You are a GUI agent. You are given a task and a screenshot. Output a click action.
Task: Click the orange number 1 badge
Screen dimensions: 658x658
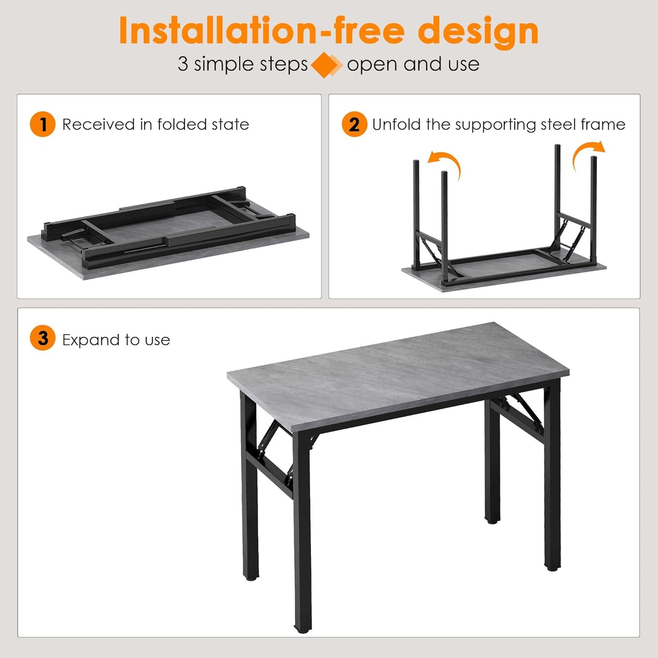click(42, 124)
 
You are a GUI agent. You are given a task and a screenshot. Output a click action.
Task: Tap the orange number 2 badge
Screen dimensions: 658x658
click(354, 124)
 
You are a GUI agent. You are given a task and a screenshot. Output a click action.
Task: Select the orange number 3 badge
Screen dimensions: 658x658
click(42, 338)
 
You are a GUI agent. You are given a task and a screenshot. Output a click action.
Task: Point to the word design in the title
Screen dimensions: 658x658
click(478, 31)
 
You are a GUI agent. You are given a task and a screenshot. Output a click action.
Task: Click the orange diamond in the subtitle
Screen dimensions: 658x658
click(326, 65)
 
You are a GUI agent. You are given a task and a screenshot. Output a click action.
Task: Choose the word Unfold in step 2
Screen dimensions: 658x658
click(396, 124)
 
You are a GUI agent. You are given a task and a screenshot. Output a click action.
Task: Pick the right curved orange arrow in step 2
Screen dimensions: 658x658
click(588, 153)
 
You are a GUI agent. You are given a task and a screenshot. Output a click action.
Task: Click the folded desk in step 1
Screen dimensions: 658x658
click(168, 232)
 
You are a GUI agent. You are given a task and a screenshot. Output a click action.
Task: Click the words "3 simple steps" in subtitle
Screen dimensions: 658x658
click(243, 64)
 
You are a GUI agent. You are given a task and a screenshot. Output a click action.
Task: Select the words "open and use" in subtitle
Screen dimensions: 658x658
click(413, 64)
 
